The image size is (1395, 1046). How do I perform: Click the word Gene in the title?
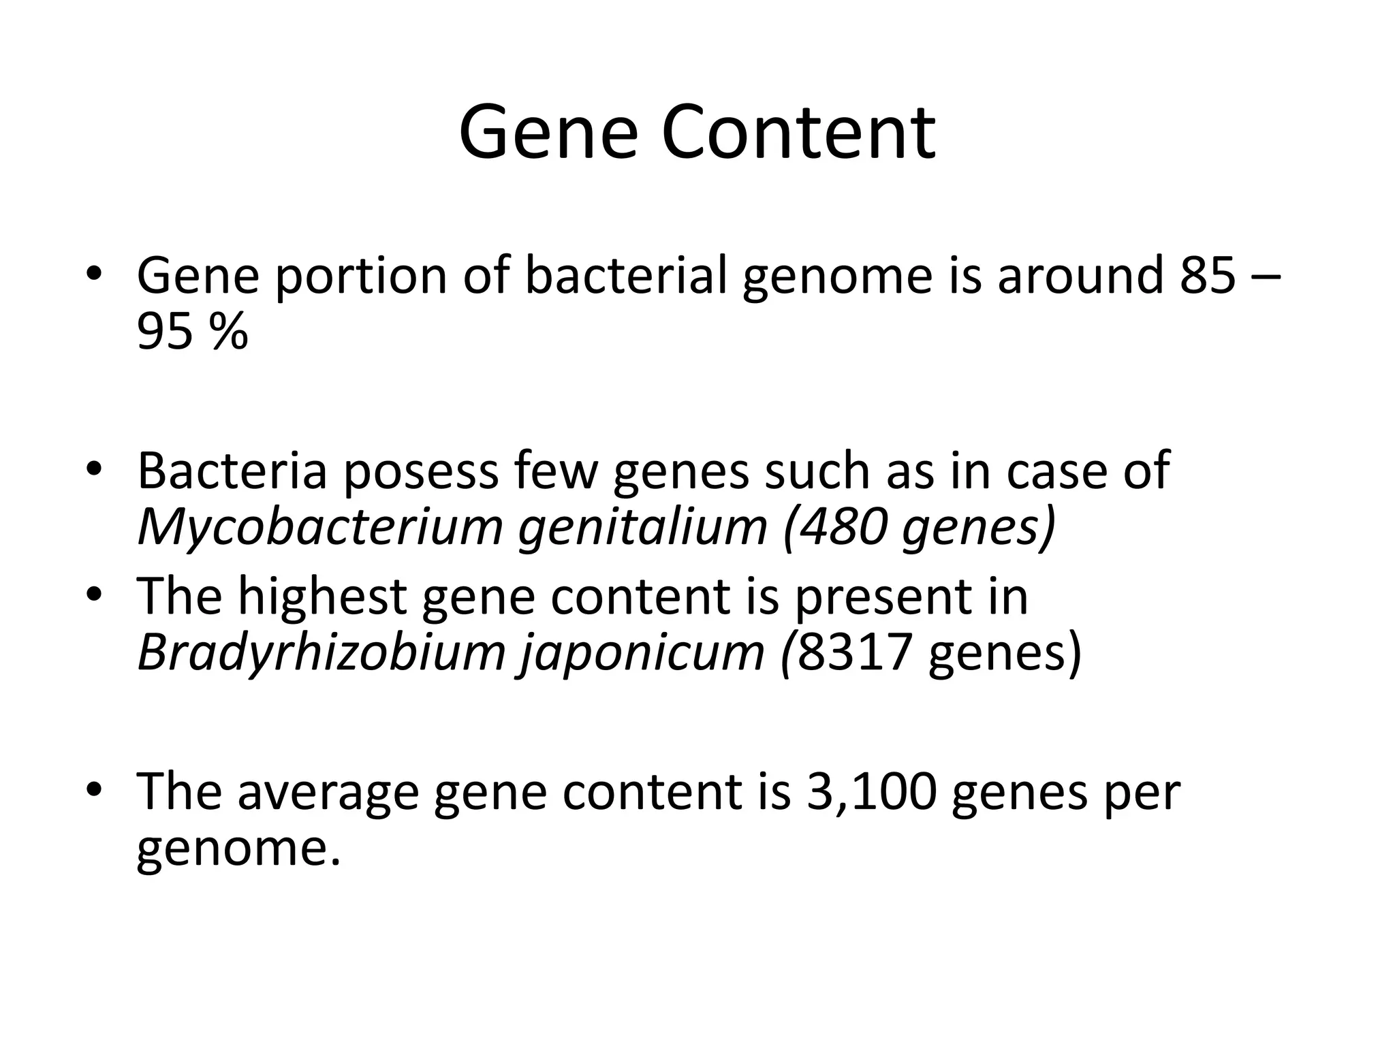548,133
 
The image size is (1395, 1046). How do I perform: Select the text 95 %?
192,333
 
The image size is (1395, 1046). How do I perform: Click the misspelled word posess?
420,471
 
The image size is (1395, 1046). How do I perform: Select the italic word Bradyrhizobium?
322,652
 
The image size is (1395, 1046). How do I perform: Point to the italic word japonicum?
642,652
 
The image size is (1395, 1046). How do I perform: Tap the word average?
328,792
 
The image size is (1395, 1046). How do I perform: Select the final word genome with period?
238,849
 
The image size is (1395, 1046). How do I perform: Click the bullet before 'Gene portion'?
95,274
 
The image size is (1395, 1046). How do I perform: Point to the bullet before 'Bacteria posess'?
95,469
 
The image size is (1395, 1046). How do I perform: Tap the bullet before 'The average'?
95,791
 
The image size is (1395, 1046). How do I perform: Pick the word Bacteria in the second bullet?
232,471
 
